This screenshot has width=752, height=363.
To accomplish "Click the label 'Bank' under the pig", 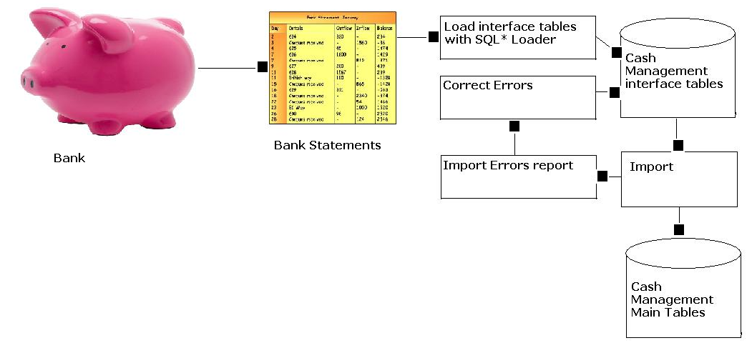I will pyautogui.click(x=69, y=158).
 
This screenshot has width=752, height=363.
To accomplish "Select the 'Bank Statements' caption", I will pyautogui.click(x=327, y=145).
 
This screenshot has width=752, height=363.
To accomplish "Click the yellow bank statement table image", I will pyautogui.click(x=332, y=68).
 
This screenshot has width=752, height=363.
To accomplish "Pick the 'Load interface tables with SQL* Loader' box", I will pyautogui.click(x=518, y=37).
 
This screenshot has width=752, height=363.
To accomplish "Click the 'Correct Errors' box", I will pyautogui.click(x=518, y=97).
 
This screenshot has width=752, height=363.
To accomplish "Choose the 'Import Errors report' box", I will pyautogui.click(x=518, y=176).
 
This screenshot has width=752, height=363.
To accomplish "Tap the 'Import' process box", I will pyautogui.click(x=678, y=179).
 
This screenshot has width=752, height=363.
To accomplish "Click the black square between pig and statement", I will pyautogui.click(x=262, y=67).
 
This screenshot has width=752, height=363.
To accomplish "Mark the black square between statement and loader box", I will pyautogui.click(x=433, y=36).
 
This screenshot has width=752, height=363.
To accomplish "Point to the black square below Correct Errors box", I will pyautogui.click(x=514, y=126).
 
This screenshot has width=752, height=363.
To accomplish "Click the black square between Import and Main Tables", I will pyautogui.click(x=679, y=229).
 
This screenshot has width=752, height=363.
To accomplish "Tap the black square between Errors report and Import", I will pyautogui.click(x=602, y=176).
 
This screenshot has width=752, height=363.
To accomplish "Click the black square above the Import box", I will pyautogui.click(x=678, y=146).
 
